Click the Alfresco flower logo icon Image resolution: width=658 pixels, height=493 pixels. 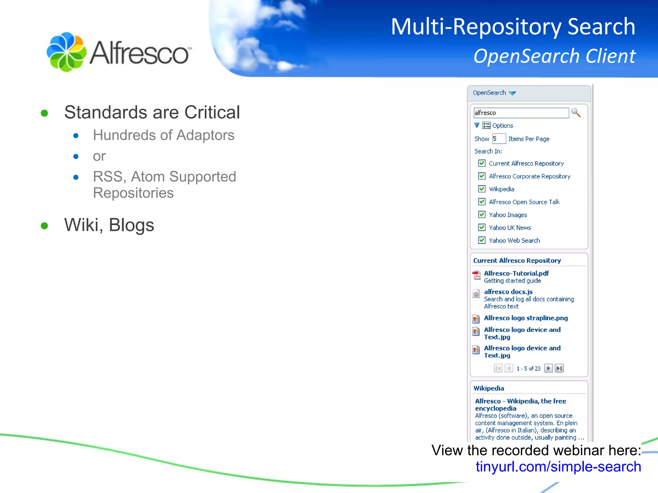pyautogui.click(x=67, y=52)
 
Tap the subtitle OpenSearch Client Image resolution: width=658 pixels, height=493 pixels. pyautogui.click(x=555, y=56)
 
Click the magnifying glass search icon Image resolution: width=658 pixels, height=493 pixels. pyautogui.click(x=576, y=113)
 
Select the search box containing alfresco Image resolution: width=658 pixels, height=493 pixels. pyautogui.click(x=521, y=113)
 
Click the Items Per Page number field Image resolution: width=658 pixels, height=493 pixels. pyautogui.click(x=499, y=139)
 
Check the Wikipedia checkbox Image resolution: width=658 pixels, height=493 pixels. pyautogui.click(x=482, y=189)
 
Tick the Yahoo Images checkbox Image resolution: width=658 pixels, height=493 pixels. pyautogui.click(x=482, y=215)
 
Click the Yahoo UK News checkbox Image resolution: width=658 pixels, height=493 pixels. pyautogui.click(x=482, y=228)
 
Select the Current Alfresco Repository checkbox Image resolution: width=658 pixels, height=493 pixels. pyautogui.click(x=482, y=163)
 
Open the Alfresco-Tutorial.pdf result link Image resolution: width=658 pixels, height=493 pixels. pyautogui.click(x=516, y=273)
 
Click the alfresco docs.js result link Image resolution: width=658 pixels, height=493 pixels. pyautogui.click(x=508, y=292)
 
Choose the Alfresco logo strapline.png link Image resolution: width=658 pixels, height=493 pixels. pyautogui.click(x=526, y=318)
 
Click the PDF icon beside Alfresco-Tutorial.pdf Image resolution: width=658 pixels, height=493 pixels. pyautogui.click(x=476, y=275)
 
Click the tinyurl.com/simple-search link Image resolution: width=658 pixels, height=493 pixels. pyautogui.click(x=558, y=467)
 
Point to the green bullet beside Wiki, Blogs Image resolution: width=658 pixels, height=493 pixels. pyautogui.click(x=44, y=226)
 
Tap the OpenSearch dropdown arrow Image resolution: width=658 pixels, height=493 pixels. pyautogui.click(x=512, y=93)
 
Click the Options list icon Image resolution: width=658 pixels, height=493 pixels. pyautogui.click(x=486, y=125)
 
